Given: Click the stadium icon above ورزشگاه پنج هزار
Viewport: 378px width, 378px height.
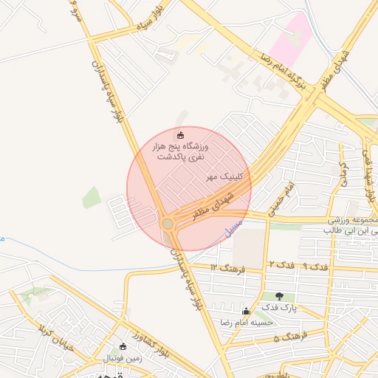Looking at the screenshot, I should coord(182,135).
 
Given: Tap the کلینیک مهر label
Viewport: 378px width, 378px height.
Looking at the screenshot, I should coord(219,178).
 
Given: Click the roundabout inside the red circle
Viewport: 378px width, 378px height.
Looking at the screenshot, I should coord(168,222).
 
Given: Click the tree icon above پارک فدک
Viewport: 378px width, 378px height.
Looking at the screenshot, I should coord(279,296).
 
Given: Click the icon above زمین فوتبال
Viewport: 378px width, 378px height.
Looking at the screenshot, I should coord(123,346).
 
